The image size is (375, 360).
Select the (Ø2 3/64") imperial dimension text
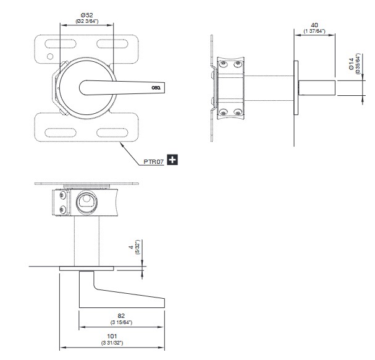86,20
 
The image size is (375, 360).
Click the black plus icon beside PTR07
172,160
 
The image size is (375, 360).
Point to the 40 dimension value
314,25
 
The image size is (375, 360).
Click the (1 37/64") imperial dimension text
314,31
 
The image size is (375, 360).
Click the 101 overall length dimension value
112,338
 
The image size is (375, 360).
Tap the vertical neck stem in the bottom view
86,241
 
